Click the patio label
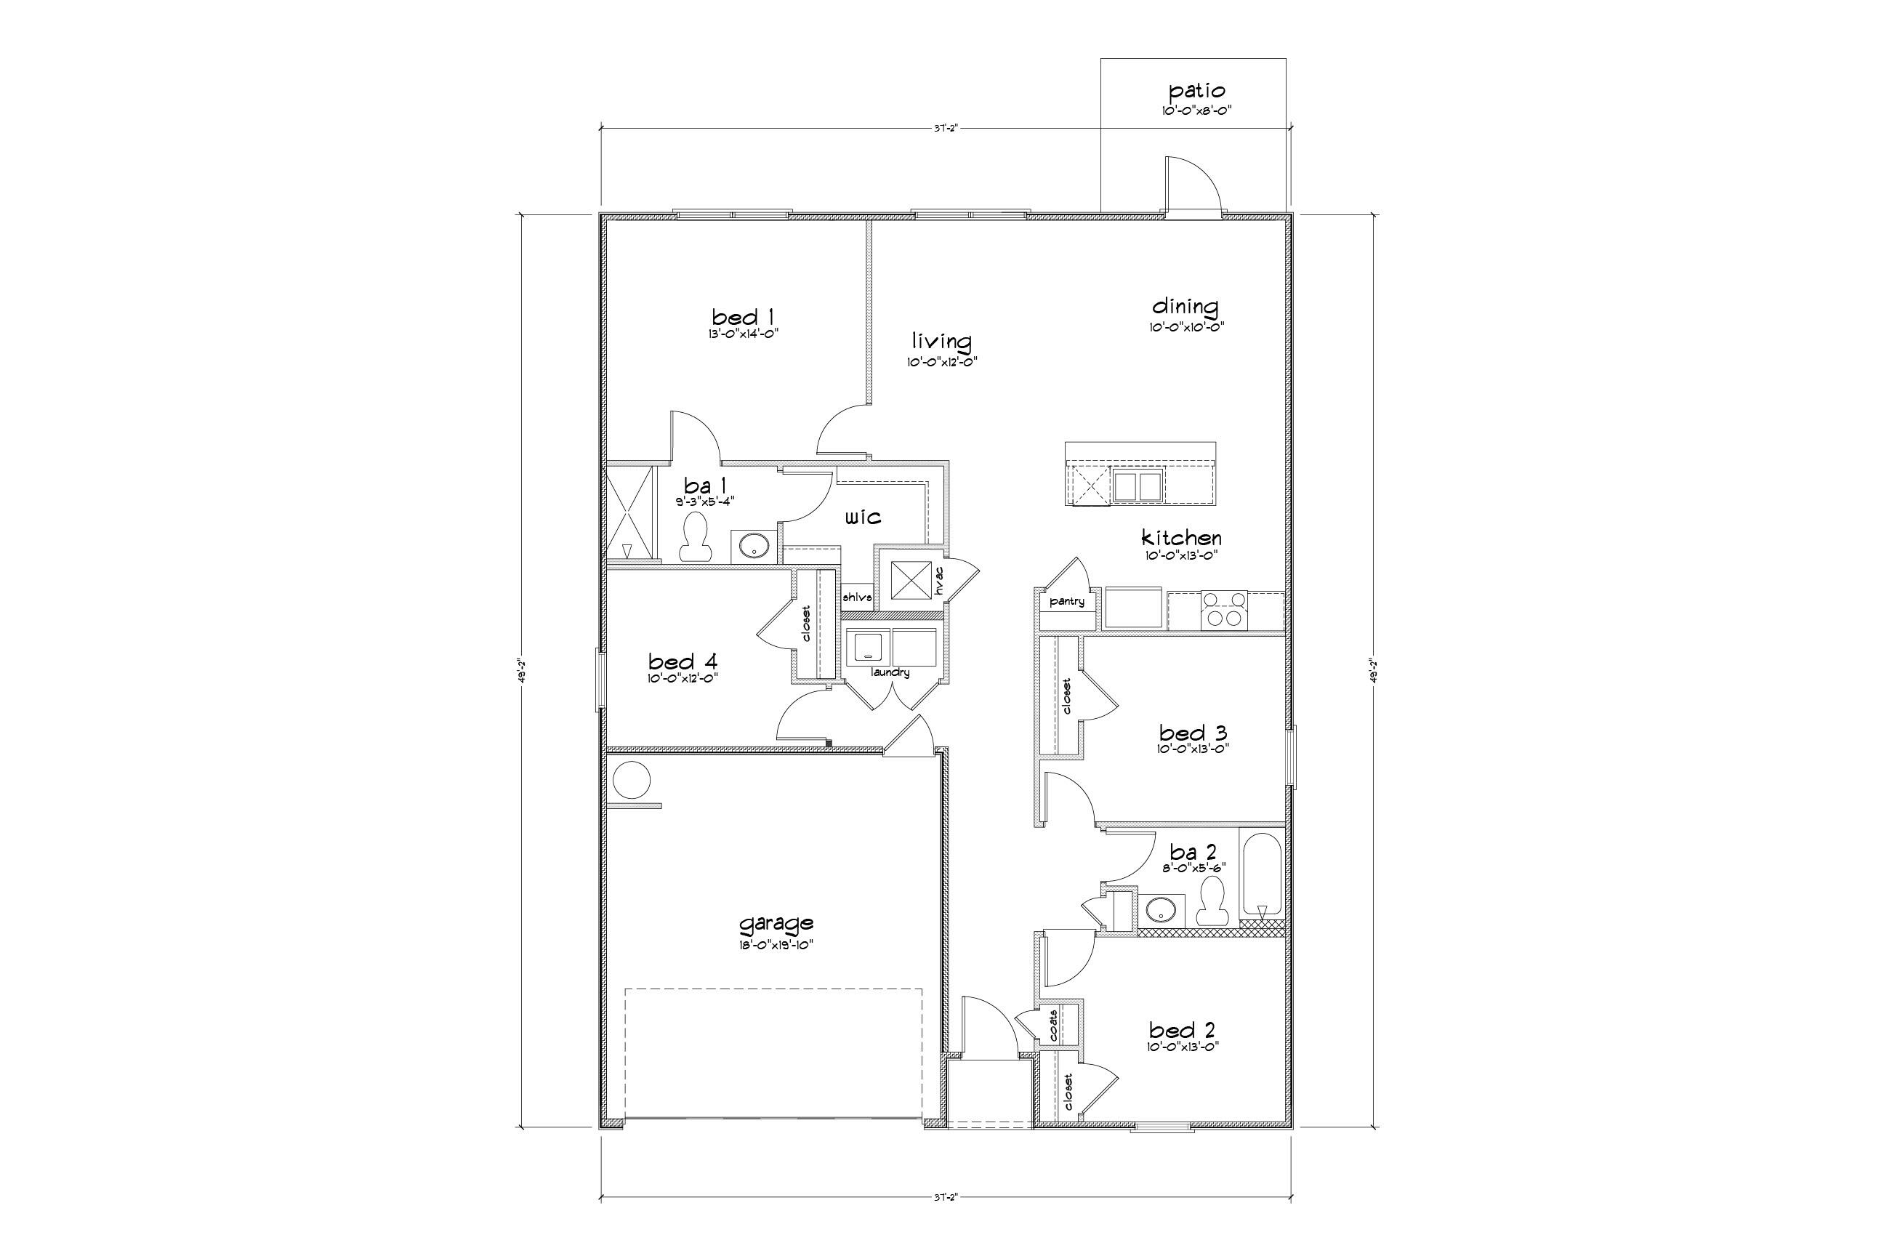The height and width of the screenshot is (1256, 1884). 1196,91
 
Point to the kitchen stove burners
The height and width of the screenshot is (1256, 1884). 1224,609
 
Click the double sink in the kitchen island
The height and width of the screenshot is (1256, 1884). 1138,486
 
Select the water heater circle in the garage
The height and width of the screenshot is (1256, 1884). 630,780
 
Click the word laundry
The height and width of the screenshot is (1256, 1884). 890,672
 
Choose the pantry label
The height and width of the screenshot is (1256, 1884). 1066,601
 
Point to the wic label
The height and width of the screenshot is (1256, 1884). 863,518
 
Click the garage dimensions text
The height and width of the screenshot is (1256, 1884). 776,944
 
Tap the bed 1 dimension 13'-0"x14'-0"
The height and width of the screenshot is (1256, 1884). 743,333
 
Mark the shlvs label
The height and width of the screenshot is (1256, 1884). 856,597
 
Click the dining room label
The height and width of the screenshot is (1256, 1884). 1185,306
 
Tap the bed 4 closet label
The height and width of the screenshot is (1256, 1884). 806,623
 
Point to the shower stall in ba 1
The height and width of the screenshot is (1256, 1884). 629,513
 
